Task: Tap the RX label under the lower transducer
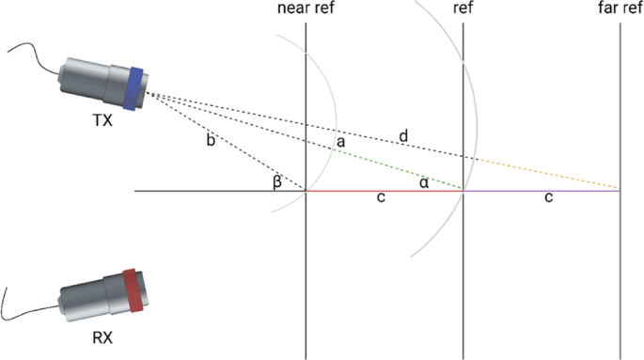coord(102,337)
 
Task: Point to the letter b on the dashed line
coord(211,141)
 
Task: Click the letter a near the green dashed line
coord(340,141)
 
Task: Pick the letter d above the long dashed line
coord(403,137)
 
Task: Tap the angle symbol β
coord(277,180)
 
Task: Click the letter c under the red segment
coord(379,200)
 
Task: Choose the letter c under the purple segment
coord(548,200)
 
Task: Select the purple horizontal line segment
coord(541,191)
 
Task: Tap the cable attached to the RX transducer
coord(28,310)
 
